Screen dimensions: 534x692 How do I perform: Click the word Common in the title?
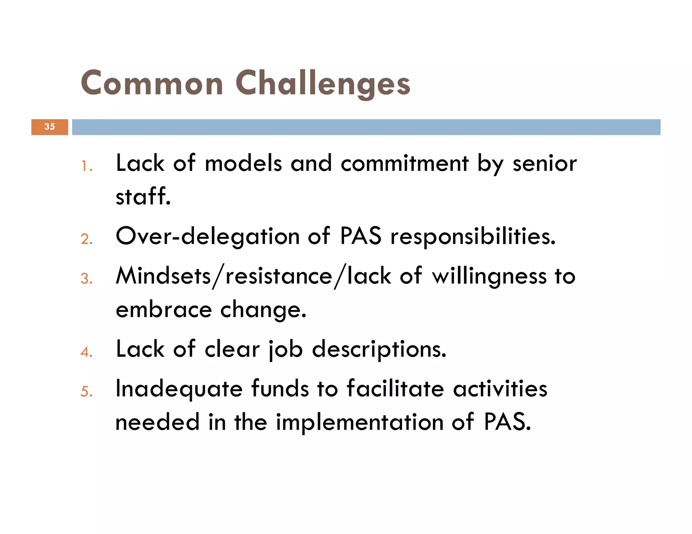(152, 83)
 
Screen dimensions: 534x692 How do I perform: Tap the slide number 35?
(50, 127)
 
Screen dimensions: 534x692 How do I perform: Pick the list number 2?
(86, 239)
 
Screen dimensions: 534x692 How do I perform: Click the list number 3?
(86, 279)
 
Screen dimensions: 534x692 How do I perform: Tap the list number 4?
(86, 352)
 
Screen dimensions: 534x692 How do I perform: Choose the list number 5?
(86, 392)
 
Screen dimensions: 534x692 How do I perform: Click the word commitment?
(404, 164)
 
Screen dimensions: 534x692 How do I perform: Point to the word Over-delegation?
(207, 236)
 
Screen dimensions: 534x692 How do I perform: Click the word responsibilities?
(473, 237)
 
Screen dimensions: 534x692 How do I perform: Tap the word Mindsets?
(164, 276)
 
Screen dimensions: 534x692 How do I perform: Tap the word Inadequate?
(179, 389)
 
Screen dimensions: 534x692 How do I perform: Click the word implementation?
(360, 423)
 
